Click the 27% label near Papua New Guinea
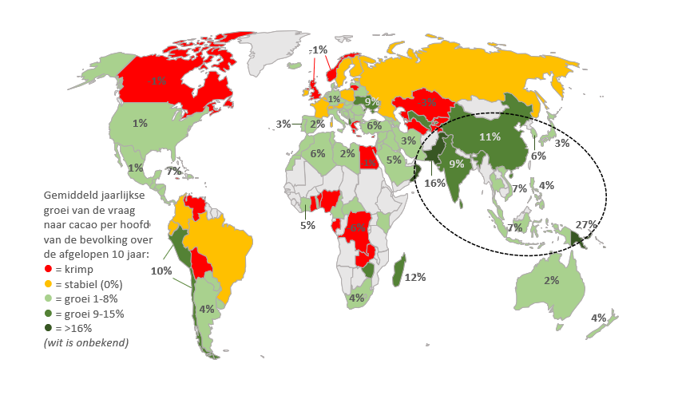(x=585, y=224)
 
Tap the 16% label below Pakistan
(x=435, y=183)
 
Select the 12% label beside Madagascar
(x=415, y=277)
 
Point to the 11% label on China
(x=490, y=136)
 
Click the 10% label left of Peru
(x=161, y=271)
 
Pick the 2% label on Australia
(x=551, y=280)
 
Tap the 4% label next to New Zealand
(x=598, y=318)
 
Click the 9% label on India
(x=457, y=165)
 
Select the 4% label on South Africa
(x=356, y=298)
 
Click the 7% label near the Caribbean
(x=173, y=172)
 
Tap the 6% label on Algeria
(x=318, y=153)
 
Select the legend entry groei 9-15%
(x=89, y=314)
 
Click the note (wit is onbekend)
(x=86, y=342)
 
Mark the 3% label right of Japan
(x=561, y=143)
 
